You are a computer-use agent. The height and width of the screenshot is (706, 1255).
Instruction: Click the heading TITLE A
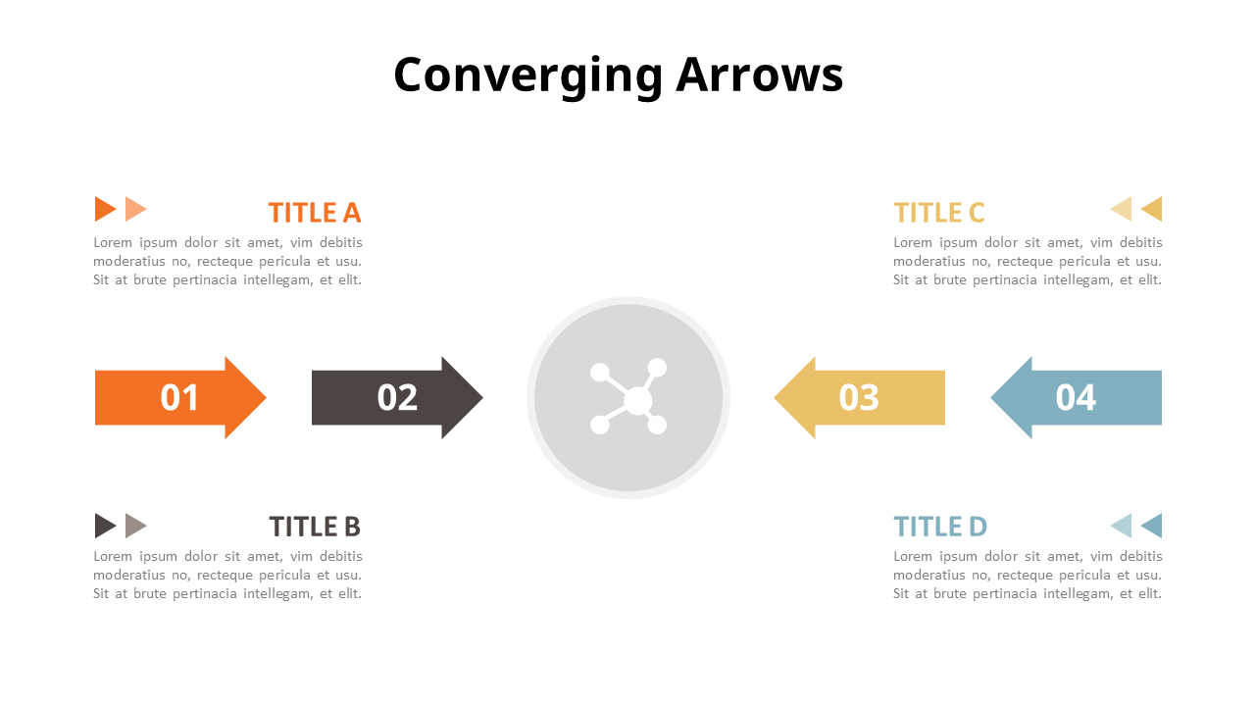(x=315, y=213)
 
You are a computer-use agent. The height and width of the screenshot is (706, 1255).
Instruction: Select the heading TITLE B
(x=315, y=527)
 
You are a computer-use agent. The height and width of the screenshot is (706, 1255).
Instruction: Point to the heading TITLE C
(x=938, y=213)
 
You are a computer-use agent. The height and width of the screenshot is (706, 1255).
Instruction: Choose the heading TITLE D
(x=939, y=527)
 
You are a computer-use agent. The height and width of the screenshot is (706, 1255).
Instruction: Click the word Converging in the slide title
(x=527, y=76)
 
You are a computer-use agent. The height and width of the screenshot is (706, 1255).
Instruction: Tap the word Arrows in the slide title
(x=759, y=76)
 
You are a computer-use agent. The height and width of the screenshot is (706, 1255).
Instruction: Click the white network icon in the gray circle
(x=628, y=397)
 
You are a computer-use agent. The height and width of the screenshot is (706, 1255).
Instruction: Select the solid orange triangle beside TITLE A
(x=105, y=209)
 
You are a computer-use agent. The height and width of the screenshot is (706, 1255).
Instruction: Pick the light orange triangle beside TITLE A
(x=135, y=209)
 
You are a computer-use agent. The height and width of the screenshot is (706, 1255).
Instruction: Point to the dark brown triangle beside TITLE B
(x=105, y=526)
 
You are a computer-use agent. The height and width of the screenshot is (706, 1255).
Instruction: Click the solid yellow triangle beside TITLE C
(x=1152, y=209)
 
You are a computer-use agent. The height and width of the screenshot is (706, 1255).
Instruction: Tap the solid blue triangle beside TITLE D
(x=1152, y=526)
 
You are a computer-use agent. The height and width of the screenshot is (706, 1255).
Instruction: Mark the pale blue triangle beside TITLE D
(x=1122, y=526)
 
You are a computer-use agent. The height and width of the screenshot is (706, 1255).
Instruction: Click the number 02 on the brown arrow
(x=397, y=397)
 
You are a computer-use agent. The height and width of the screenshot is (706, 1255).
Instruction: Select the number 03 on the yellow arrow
(x=859, y=397)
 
